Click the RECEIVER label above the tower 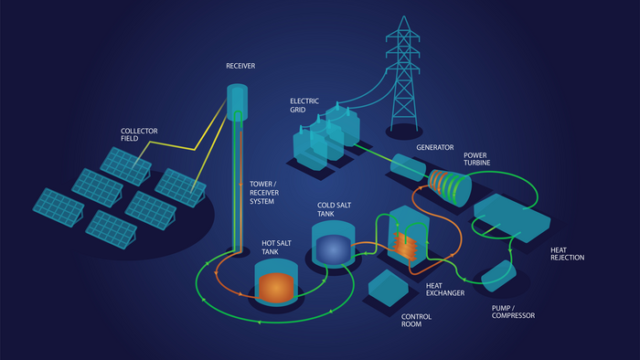click(x=240, y=66)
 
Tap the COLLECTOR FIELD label click(x=139, y=134)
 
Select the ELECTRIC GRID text click(x=304, y=105)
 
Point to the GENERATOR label click(x=434, y=148)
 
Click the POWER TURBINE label click(x=476, y=159)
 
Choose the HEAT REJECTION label click(x=568, y=254)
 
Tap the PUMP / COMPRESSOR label click(x=513, y=312)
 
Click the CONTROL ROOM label click(x=416, y=321)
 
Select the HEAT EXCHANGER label click(x=445, y=290)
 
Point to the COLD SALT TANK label click(x=334, y=209)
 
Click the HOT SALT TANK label click(x=276, y=248)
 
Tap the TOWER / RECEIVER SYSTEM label click(x=264, y=193)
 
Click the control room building click(x=388, y=288)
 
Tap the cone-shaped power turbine click(x=450, y=187)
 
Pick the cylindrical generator click(x=408, y=167)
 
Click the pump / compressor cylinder click(x=498, y=276)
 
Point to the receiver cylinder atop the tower click(x=237, y=102)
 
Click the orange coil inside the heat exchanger click(x=405, y=246)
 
